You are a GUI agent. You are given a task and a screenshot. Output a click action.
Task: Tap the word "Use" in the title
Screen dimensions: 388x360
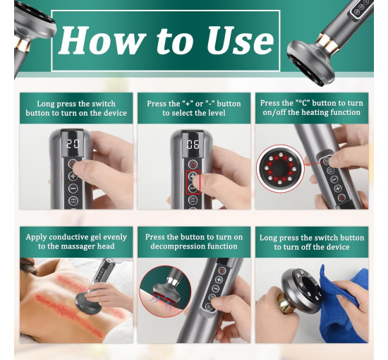coord(241,40)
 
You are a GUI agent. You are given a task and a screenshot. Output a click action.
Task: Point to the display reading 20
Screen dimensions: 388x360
coord(73,144)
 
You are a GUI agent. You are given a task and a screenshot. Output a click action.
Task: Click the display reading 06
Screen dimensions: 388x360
coord(193,144)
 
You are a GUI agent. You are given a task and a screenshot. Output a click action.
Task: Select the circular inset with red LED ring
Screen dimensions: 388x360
coord(280,169)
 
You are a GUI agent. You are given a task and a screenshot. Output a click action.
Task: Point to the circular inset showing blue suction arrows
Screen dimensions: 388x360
coord(165,291)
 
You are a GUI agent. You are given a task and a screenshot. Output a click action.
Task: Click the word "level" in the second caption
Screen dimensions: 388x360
coord(217,113)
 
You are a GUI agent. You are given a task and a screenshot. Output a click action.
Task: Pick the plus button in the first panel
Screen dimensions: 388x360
coord(73,176)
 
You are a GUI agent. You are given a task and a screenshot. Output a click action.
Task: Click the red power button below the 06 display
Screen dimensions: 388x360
coord(193,164)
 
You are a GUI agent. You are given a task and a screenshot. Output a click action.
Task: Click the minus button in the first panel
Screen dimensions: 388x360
coord(73,188)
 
